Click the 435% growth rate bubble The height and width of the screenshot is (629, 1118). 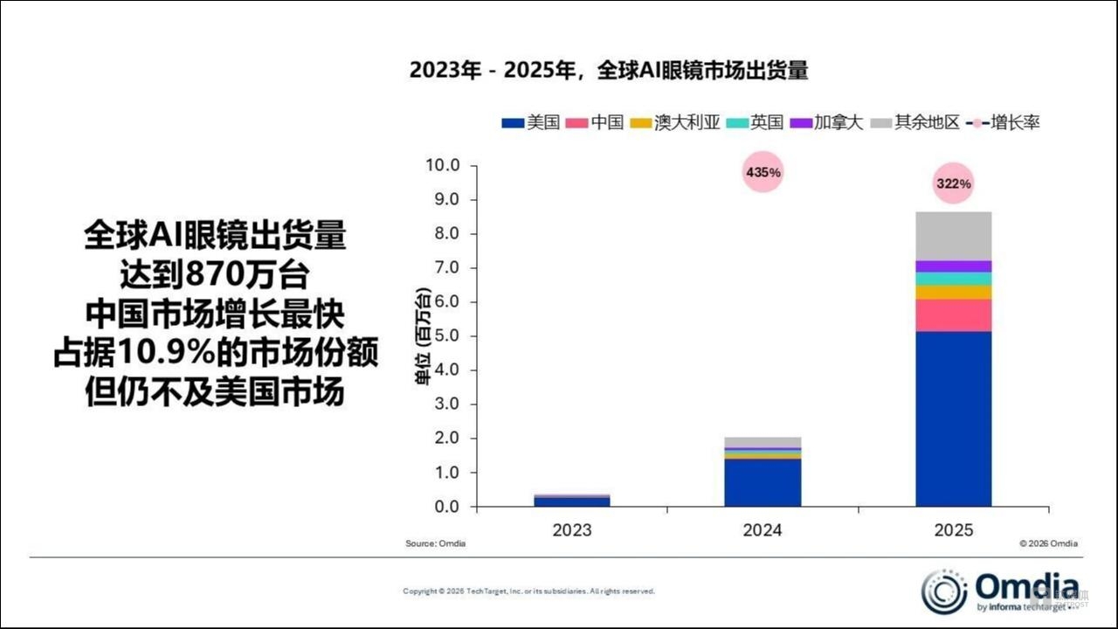(763, 172)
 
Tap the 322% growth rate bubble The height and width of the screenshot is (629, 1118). (953, 183)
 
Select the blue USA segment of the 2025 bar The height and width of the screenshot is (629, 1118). (953, 418)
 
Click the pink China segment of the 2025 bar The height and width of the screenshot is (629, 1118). (953, 315)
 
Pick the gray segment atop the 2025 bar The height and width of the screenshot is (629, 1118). (953, 236)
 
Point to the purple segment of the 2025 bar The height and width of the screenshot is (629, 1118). (953, 266)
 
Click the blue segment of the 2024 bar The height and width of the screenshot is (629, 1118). (763, 482)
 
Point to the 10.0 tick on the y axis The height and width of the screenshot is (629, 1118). (440, 166)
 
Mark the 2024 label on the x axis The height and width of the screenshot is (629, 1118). (763, 530)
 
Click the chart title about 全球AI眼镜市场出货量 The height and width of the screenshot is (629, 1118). (609, 71)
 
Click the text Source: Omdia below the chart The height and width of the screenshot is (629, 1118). (435, 543)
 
